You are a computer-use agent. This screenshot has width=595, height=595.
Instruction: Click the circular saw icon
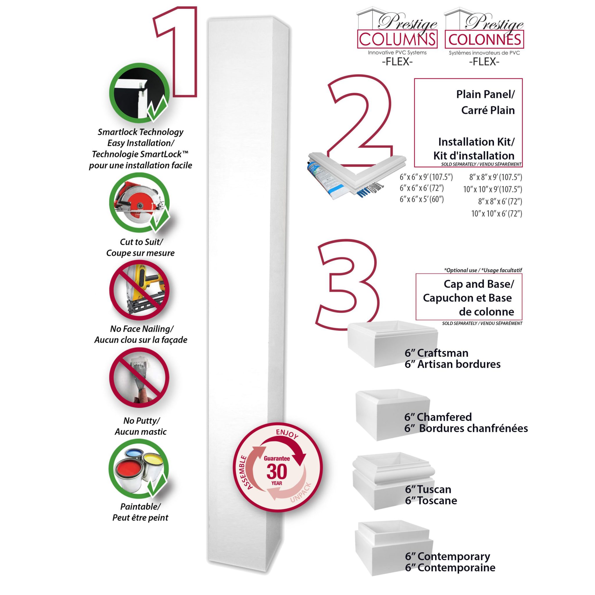tap(139, 202)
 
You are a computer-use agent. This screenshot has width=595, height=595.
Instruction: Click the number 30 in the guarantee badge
tap(277, 471)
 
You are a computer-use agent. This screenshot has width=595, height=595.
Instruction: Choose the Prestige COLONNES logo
tap(484, 34)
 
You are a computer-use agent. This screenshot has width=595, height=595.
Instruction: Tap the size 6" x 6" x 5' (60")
tap(422, 199)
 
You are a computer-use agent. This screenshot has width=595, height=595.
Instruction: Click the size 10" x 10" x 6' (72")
tap(497, 214)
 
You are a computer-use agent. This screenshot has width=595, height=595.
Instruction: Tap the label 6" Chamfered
tap(438, 417)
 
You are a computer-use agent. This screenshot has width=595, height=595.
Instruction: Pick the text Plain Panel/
tap(485, 94)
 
